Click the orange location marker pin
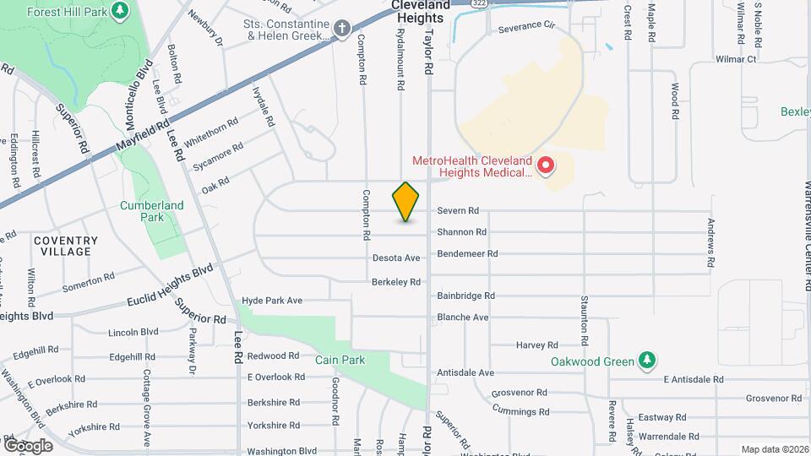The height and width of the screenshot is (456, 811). [406, 202]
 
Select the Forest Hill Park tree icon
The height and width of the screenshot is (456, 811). [121, 11]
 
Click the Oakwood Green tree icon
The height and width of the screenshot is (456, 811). [647, 361]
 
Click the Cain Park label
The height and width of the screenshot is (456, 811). [339, 360]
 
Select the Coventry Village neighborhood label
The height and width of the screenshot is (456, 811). [66, 246]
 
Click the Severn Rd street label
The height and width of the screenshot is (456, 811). [458, 211]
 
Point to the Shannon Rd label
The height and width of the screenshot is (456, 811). [461, 232]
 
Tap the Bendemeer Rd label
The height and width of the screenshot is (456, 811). [467, 253]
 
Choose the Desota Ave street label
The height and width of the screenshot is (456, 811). [396, 258]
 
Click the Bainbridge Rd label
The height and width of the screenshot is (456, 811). [465, 296]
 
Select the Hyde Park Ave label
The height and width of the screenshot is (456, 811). [272, 301]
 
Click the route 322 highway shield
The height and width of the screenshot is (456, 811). [480, 3]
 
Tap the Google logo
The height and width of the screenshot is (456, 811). [27, 445]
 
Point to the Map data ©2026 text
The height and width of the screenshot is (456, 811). [775, 449]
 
